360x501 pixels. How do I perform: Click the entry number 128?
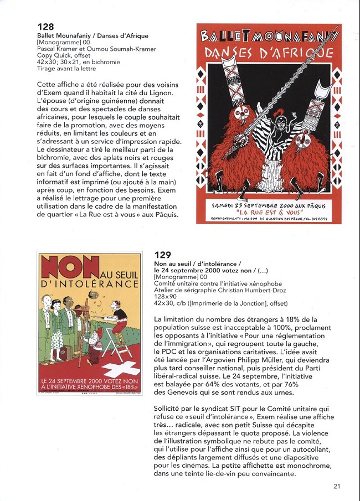coord(45,27)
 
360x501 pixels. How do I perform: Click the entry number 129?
coord(163,255)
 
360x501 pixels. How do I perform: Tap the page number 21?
coord(337,487)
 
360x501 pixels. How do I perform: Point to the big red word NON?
coord(61,268)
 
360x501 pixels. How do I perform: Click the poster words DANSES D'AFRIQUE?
coord(269,54)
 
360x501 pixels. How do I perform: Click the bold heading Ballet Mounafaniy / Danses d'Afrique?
coord(92,36)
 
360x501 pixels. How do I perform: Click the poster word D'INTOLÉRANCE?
coord(89,284)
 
